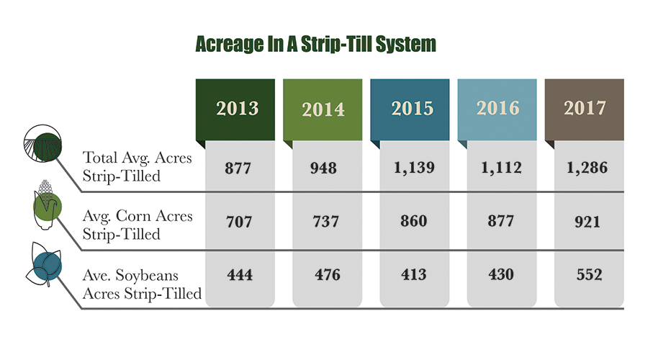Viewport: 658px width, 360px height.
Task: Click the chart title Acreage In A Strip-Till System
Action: tap(315, 44)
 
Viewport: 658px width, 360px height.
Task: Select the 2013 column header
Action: tap(235, 109)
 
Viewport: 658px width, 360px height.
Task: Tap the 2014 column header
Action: tap(323, 109)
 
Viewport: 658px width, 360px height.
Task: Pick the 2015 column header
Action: tap(410, 109)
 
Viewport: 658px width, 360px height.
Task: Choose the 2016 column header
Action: tap(497, 109)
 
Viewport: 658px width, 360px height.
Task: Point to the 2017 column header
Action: tap(585, 109)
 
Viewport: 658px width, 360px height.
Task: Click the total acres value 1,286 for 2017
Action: tap(587, 168)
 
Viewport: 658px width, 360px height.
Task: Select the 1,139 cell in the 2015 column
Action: tap(414, 168)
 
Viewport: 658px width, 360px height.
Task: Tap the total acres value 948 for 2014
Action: tap(323, 168)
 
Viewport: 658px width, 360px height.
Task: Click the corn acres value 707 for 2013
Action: tap(239, 222)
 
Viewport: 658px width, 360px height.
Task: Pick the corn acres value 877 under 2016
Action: tap(500, 221)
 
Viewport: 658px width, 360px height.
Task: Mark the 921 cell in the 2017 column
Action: tap(587, 222)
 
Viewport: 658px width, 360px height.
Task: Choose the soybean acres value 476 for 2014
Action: tap(328, 275)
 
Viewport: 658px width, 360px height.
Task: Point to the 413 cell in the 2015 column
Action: tap(413, 274)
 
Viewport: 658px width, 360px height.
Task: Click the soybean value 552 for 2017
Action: tap(589, 274)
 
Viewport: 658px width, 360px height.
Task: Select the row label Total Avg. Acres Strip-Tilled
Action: tap(137, 166)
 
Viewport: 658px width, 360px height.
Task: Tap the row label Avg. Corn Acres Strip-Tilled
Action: tap(138, 225)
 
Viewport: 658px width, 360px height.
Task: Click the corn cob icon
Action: tap(47, 205)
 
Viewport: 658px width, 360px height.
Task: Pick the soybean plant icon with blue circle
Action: tap(44, 264)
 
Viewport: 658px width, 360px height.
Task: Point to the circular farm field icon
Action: tap(42, 143)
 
